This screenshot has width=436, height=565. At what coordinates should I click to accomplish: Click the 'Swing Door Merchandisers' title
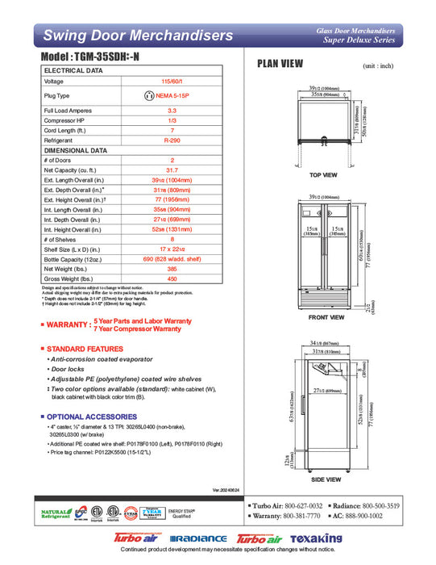138,35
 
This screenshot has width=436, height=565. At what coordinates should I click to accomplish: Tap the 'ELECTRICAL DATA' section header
73,70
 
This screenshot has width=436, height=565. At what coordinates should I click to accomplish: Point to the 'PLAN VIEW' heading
280,64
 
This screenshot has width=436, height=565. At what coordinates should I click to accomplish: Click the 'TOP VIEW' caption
322,175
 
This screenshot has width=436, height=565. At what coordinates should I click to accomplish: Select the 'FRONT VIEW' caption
326,317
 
